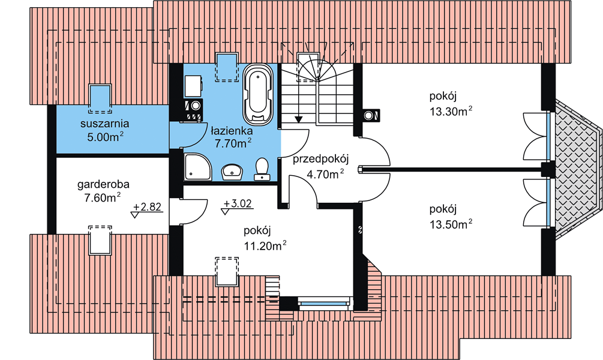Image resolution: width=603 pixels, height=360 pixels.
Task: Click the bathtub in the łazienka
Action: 257,95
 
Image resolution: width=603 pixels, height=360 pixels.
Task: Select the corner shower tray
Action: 197,167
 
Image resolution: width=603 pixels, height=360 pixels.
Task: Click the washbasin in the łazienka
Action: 232,172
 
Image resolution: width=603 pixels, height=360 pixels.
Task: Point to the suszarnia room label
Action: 104,124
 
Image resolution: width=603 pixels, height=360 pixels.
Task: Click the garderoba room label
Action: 103,184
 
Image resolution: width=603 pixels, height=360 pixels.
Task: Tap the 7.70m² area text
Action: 233,143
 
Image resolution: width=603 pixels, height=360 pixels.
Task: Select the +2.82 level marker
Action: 147,209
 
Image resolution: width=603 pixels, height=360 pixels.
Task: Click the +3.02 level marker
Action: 237,205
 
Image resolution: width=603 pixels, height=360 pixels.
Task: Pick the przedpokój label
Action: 320,159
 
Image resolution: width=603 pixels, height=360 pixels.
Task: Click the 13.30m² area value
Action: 451,111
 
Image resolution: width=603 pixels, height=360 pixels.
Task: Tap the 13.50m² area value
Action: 451,224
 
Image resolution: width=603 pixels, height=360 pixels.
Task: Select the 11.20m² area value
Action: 265,245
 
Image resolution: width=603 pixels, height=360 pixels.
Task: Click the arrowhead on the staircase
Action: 298,119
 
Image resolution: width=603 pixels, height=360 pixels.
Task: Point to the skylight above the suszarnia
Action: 100,98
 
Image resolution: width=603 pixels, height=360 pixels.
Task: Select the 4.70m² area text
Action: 325,174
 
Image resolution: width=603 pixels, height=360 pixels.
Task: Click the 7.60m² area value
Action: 102,198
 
